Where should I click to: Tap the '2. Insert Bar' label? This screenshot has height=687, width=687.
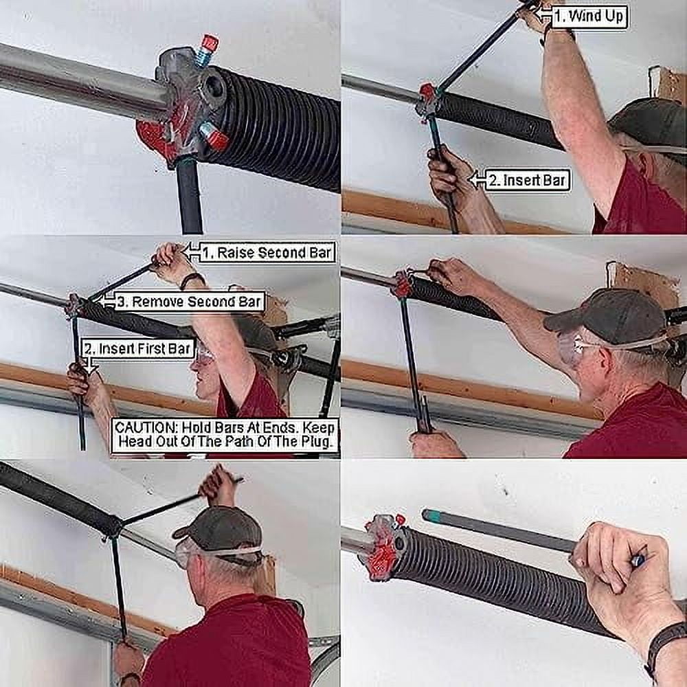pos(526,181)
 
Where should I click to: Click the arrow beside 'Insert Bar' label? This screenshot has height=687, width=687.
pos(476,180)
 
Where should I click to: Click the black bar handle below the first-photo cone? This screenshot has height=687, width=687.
pos(190,199)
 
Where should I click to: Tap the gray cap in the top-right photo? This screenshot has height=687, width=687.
pos(649,123)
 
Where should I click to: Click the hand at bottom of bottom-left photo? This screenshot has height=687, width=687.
pos(128,660)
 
